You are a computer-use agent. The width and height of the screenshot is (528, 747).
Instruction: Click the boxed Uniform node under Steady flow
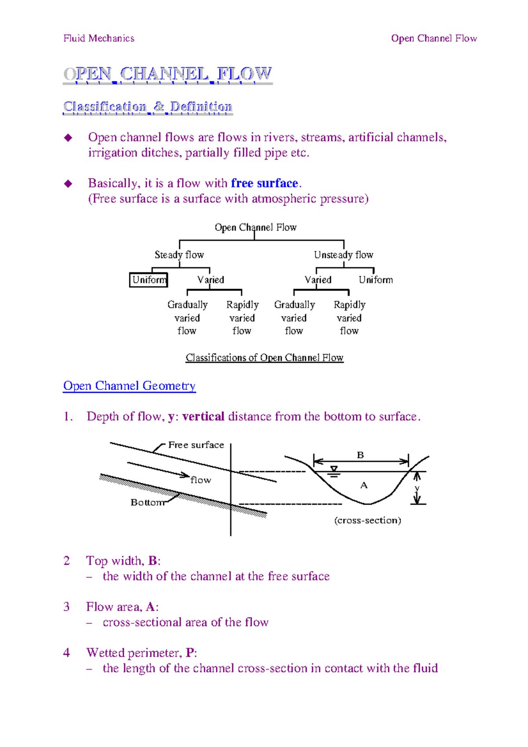pos(149,280)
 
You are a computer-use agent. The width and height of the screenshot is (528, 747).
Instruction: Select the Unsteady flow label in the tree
pos(343,255)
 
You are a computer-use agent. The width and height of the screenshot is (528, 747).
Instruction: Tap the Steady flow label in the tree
pos(179,255)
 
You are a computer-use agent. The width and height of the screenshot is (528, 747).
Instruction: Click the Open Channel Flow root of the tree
pos(255,227)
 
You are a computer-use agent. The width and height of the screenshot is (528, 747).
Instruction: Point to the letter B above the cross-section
pos(360,455)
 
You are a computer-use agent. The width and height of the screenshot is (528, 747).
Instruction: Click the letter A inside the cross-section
pos(364,485)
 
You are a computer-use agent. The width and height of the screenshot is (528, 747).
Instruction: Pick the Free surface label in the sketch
pos(196,445)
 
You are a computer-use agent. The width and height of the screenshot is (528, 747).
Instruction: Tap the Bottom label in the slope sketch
pos(147,502)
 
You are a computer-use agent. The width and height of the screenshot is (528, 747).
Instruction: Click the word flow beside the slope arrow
pos(201,480)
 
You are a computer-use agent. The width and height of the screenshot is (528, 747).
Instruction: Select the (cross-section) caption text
pos(367,520)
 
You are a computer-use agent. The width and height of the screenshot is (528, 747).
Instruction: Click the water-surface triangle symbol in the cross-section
pos(334,470)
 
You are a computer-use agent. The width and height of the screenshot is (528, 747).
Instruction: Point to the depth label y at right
pos(417,488)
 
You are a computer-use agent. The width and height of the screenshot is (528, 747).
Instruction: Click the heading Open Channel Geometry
pos(129,386)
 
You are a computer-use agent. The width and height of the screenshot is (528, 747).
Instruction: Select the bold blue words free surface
pos(264,183)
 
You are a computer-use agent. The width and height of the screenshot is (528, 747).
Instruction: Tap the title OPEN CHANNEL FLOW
pos(168,74)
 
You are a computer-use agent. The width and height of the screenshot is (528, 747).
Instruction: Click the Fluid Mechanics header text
pos(99,38)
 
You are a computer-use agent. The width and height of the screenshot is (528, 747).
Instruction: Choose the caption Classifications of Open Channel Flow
pos(264,358)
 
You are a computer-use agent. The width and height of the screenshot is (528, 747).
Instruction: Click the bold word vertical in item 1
pos(203,416)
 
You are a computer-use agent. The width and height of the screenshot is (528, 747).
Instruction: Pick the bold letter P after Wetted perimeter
pos(190,652)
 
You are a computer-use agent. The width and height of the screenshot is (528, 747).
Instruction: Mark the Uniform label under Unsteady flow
pos(375,280)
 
